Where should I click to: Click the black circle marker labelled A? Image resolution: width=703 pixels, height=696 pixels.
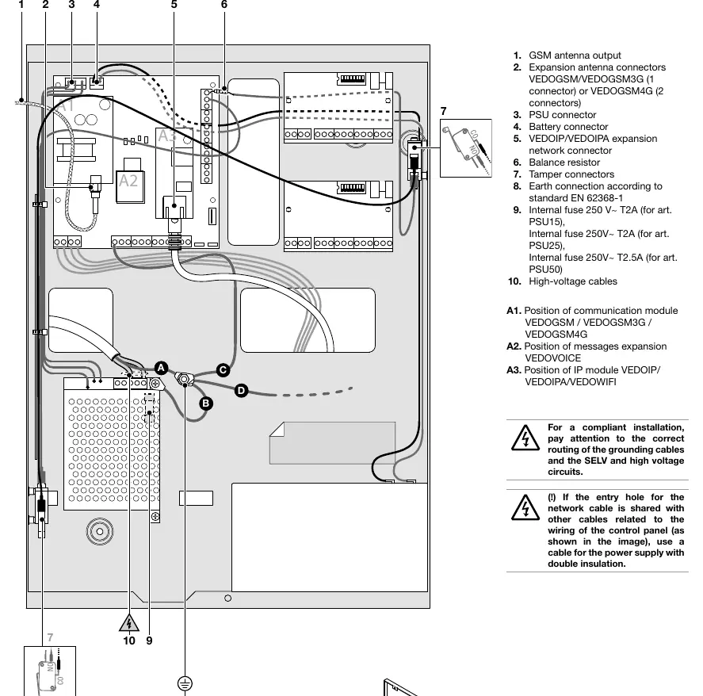click(161, 368)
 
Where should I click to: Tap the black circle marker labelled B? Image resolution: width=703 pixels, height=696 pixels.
click(206, 403)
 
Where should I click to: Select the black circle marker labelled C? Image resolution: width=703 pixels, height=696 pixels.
click(223, 370)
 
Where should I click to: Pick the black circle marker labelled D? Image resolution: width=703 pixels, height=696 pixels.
click(241, 391)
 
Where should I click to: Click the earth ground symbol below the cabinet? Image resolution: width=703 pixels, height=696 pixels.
click(185, 683)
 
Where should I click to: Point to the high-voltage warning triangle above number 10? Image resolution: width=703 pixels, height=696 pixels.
click(129, 623)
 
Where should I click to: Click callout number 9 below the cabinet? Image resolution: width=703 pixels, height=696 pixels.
click(149, 641)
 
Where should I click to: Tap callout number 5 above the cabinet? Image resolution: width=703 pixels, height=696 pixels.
click(174, 5)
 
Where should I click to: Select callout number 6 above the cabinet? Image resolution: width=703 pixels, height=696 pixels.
click(224, 5)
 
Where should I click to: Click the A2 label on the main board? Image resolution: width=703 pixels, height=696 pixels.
click(128, 181)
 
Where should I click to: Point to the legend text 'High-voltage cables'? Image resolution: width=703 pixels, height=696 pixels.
click(572, 281)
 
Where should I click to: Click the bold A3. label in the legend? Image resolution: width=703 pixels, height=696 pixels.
click(514, 370)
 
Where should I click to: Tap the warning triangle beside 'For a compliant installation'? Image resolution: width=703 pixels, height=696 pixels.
click(525, 438)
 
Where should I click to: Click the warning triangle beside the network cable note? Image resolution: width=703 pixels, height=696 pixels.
click(525, 507)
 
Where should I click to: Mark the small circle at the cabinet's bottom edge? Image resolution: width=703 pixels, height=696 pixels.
click(227, 598)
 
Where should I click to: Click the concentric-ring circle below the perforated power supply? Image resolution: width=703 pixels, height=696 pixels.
click(100, 531)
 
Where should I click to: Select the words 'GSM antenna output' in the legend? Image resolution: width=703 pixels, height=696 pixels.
click(575, 55)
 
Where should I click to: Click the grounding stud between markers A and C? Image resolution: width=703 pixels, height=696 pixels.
click(184, 380)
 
